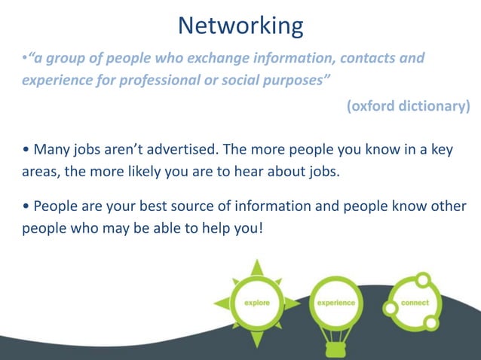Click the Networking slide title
pos(240,26)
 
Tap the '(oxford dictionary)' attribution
pos(408,106)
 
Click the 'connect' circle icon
pos(414,303)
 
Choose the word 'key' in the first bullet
pos(440,149)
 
